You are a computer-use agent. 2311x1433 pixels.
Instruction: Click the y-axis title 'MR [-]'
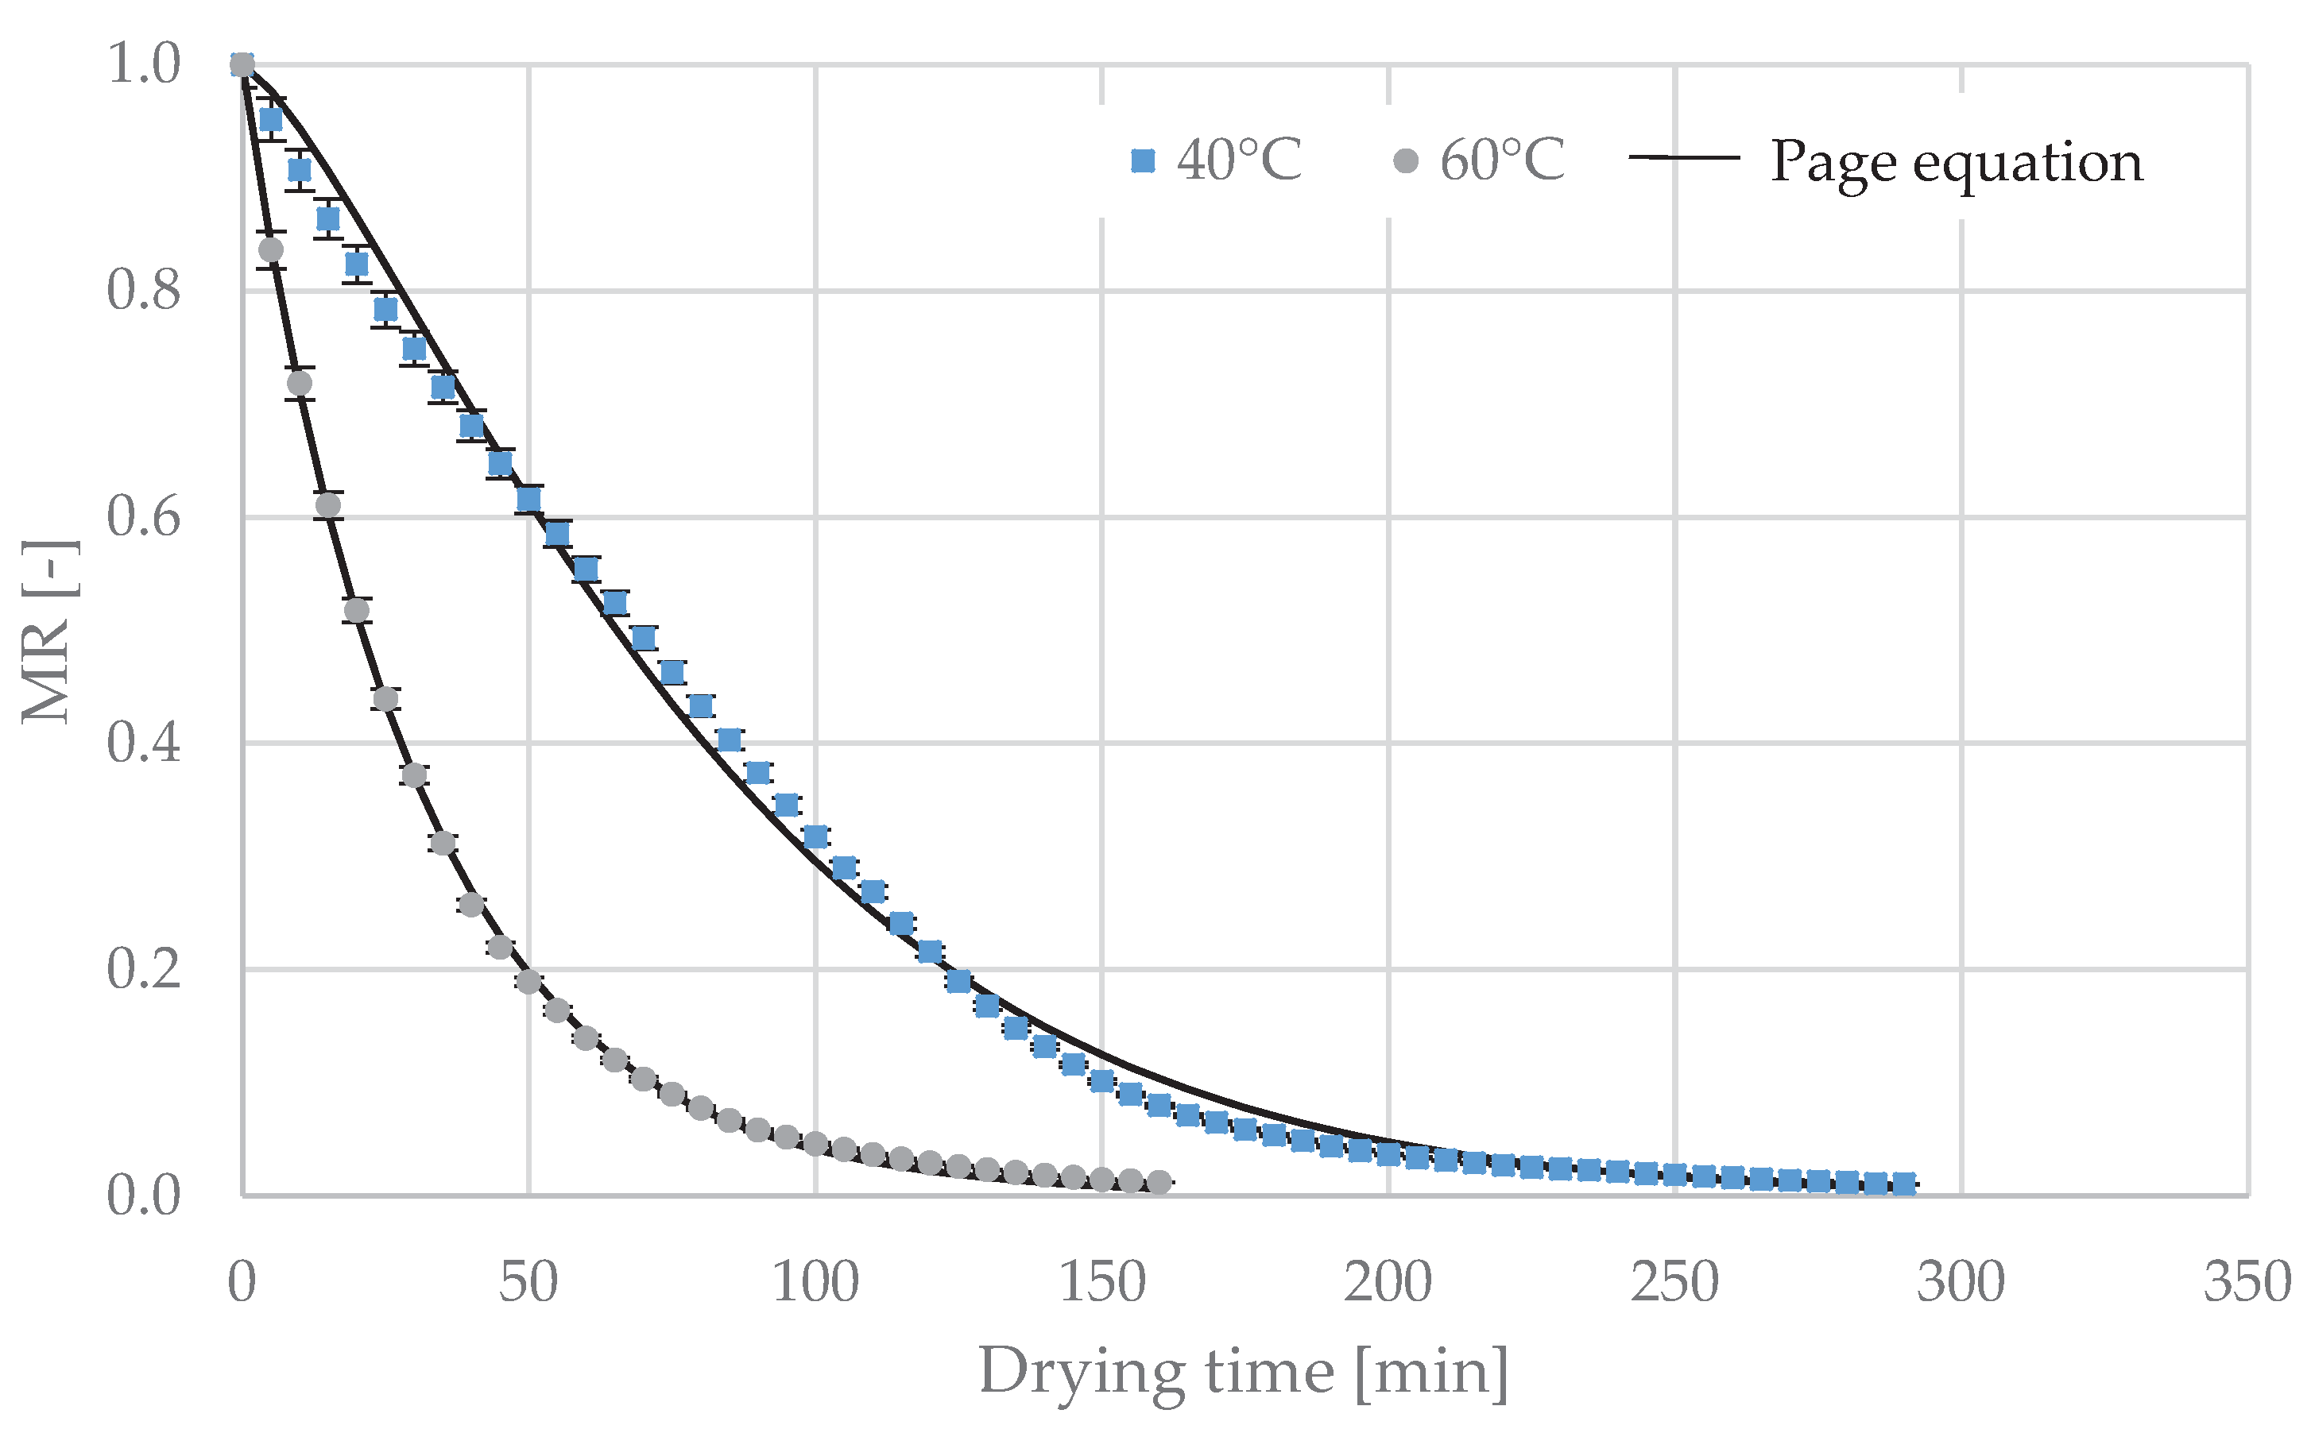49,632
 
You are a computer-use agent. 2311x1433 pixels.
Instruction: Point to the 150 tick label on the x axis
1101,1283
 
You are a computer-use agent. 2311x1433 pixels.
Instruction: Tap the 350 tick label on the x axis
2247,1283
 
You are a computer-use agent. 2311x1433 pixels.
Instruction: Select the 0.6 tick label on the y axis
143,517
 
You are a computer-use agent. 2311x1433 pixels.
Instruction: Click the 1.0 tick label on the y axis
143,64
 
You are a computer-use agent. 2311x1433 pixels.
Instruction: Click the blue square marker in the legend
1143,161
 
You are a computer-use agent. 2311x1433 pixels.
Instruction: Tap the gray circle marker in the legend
1406,161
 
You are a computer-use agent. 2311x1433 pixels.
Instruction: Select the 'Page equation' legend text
1957,161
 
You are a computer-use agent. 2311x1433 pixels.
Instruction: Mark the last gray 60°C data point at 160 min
1159,1182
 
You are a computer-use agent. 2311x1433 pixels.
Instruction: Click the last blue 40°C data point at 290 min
1903,1183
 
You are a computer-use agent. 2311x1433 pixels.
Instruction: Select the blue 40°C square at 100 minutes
815,837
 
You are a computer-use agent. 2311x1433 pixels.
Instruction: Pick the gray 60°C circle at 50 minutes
529,982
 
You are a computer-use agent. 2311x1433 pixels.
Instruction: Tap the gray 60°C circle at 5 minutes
271,250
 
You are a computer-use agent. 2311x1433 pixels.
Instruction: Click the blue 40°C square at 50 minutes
529,499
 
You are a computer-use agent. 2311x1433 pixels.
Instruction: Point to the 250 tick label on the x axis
1675,1283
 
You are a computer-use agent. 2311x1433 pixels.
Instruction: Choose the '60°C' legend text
1503,161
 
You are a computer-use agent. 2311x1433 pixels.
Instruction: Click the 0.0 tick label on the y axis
143,1196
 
